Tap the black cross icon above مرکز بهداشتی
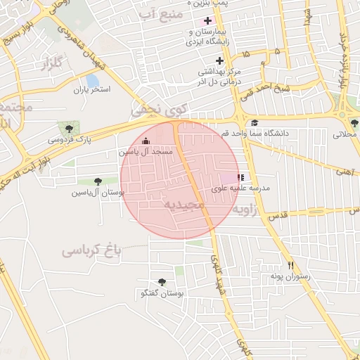tap(219, 60)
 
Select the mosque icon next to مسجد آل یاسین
tap(146, 141)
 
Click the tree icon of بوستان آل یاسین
tap(97, 181)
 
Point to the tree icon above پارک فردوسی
tap(68, 127)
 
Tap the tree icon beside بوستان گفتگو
tap(162, 282)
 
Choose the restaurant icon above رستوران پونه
tap(290, 265)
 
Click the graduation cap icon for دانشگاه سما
tap(255, 123)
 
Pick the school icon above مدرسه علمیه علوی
tap(240, 178)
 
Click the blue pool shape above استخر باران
tap(91, 79)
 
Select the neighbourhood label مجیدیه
tap(184, 204)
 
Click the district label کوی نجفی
tap(160, 110)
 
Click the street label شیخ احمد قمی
tap(302, 88)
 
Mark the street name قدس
tap(278, 219)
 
